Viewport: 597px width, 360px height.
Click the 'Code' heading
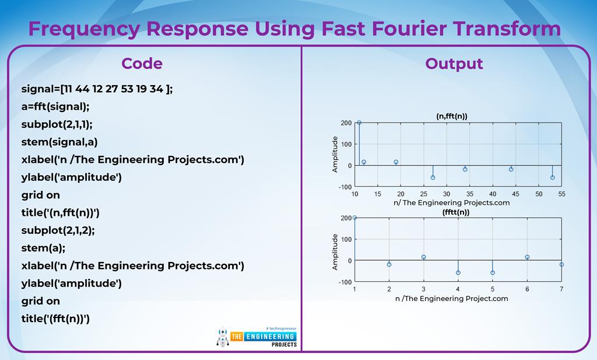click(142, 63)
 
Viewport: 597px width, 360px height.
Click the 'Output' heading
click(454, 63)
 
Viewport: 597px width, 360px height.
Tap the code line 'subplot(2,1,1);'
click(57, 124)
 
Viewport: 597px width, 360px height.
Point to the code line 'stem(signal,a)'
click(59, 142)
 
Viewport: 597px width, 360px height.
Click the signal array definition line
click(97, 89)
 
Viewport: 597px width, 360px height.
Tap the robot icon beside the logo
click(222, 337)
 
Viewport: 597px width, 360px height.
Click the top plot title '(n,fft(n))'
click(452, 116)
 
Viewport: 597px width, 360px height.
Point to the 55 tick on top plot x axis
click(561, 194)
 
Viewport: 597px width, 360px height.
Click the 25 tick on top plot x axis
click(423, 194)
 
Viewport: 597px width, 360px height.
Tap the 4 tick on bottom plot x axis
click(458, 289)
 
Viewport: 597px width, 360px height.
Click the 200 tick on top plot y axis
click(346, 123)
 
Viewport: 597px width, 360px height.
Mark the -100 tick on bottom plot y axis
click(345, 282)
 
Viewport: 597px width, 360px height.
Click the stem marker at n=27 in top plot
click(433, 177)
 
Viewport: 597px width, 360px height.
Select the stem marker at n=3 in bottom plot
click(423, 257)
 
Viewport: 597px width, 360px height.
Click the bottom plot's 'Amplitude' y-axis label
click(335, 251)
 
